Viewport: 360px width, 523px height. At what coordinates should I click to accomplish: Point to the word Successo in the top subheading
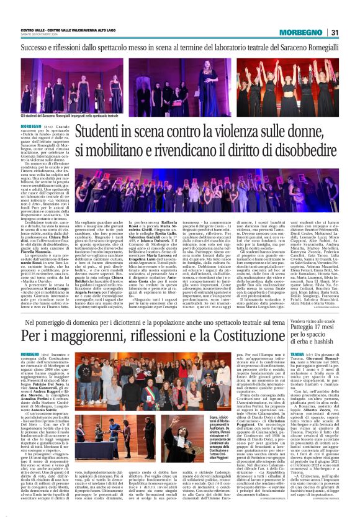tap(36, 47)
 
